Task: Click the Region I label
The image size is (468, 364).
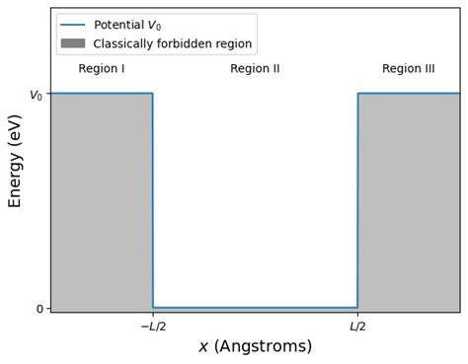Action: click(x=102, y=69)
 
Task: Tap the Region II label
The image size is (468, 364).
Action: click(x=255, y=69)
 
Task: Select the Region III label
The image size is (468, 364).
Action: click(x=408, y=69)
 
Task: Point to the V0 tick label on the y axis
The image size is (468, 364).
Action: click(x=36, y=96)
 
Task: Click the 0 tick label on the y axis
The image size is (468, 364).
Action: click(x=39, y=309)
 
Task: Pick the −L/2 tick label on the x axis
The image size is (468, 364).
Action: click(x=153, y=327)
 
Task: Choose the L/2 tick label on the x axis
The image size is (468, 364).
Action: click(x=357, y=327)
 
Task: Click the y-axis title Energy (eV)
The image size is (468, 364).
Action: click(x=16, y=161)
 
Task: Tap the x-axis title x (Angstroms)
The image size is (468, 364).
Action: click(x=255, y=347)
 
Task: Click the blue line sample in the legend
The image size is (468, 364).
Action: click(x=73, y=26)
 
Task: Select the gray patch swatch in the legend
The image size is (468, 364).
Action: click(x=73, y=43)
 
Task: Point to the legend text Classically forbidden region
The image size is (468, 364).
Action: click(x=173, y=43)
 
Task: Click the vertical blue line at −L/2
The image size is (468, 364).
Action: click(x=153, y=197)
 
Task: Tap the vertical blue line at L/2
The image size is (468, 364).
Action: click(x=357, y=197)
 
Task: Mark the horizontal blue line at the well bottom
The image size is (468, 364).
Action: click(x=255, y=308)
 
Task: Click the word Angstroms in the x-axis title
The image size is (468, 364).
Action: click(x=270, y=347)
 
